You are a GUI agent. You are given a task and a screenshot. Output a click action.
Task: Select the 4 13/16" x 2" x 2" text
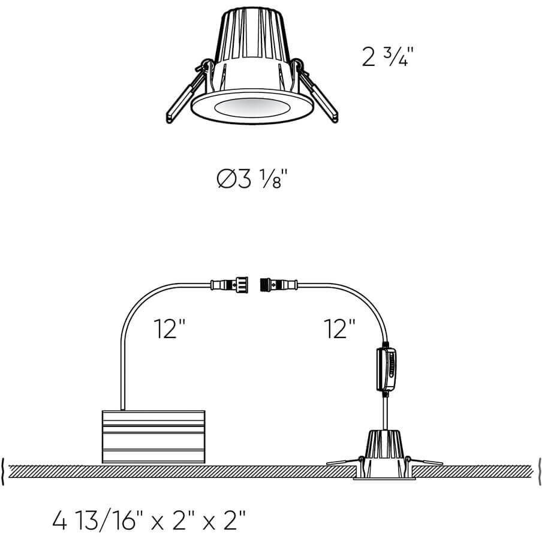tap(149, 520)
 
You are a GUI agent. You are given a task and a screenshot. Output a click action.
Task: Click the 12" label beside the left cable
tap(170, 329)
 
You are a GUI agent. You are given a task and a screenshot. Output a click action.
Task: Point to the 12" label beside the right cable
tap(340, 329)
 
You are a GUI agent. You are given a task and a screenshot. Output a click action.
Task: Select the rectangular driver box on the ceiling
tap(153, 436)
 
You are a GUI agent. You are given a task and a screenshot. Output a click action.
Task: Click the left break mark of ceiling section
tap(5, 472)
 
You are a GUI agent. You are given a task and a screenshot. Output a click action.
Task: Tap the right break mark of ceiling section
tap(538, 472)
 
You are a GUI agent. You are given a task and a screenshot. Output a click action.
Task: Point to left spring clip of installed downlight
tap(343, 461)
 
